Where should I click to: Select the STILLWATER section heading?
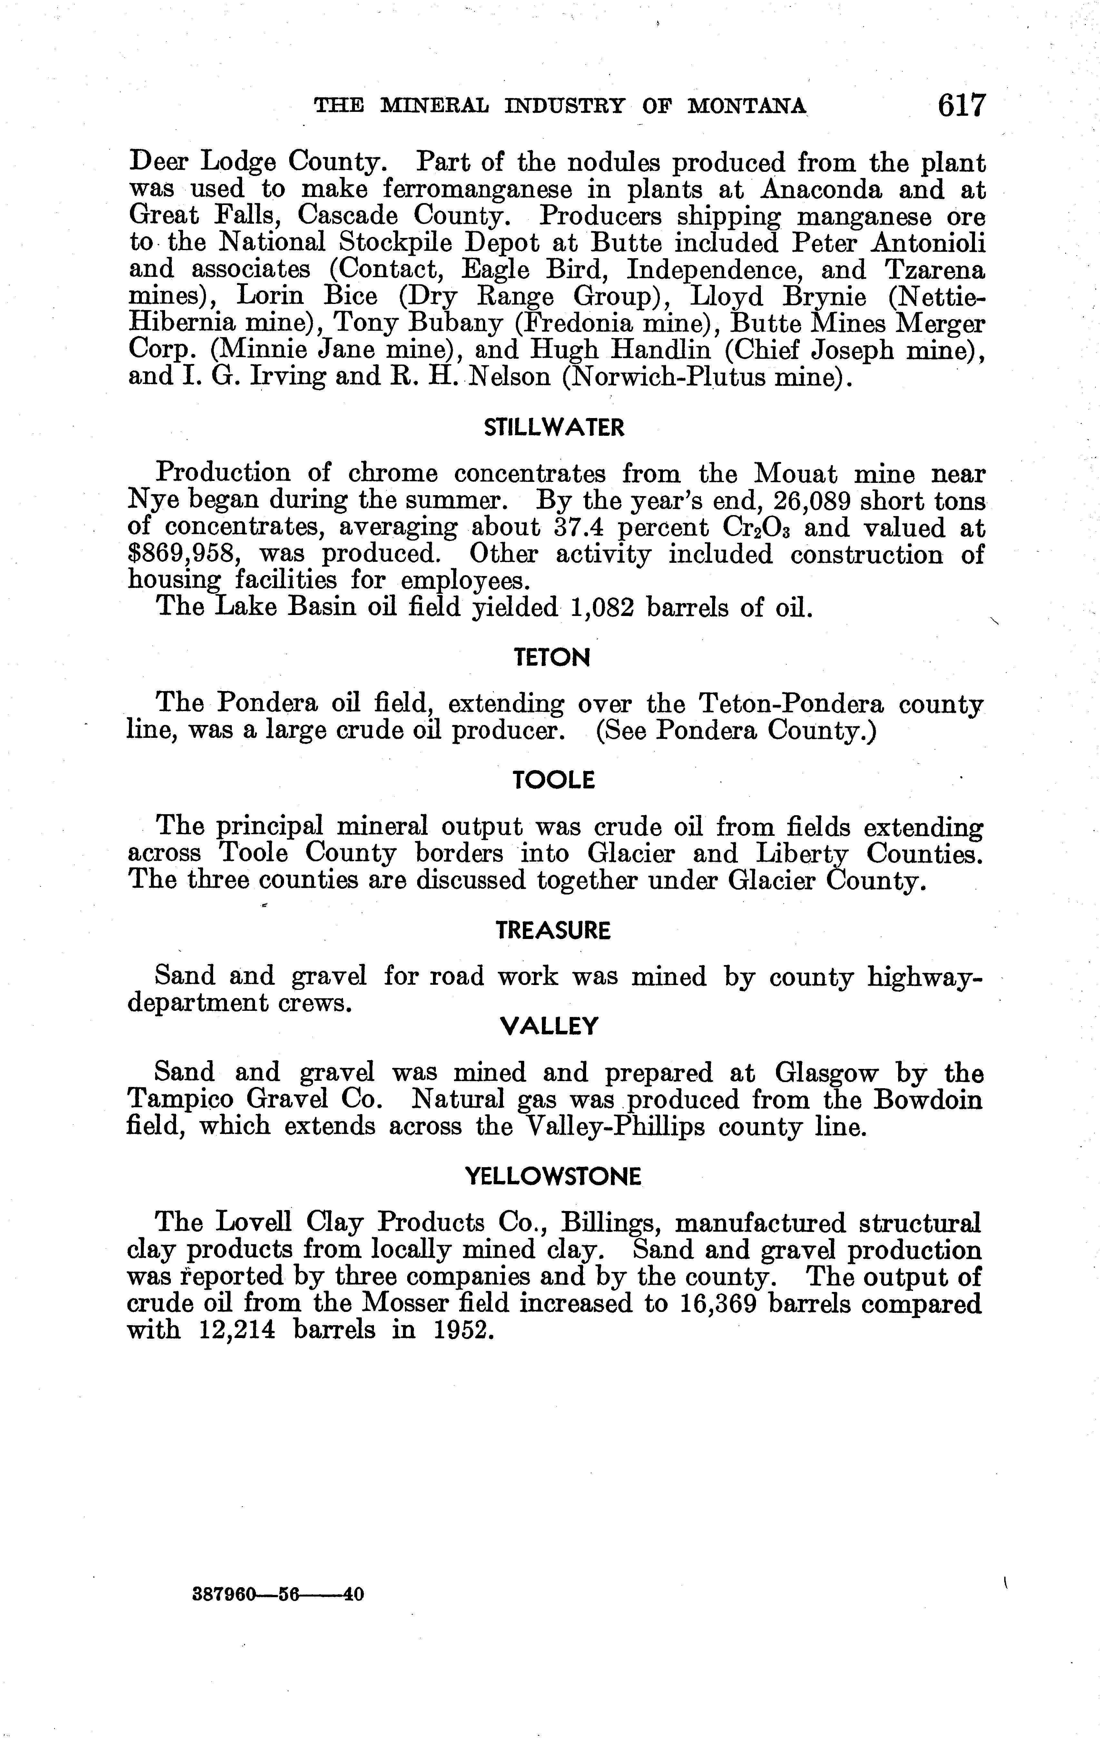pyautogui.click(x=553, y=428)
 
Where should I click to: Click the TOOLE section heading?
pyautogui.click(x=553, y=780)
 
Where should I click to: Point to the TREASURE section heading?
pyautogui.click(x=553, y=931)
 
